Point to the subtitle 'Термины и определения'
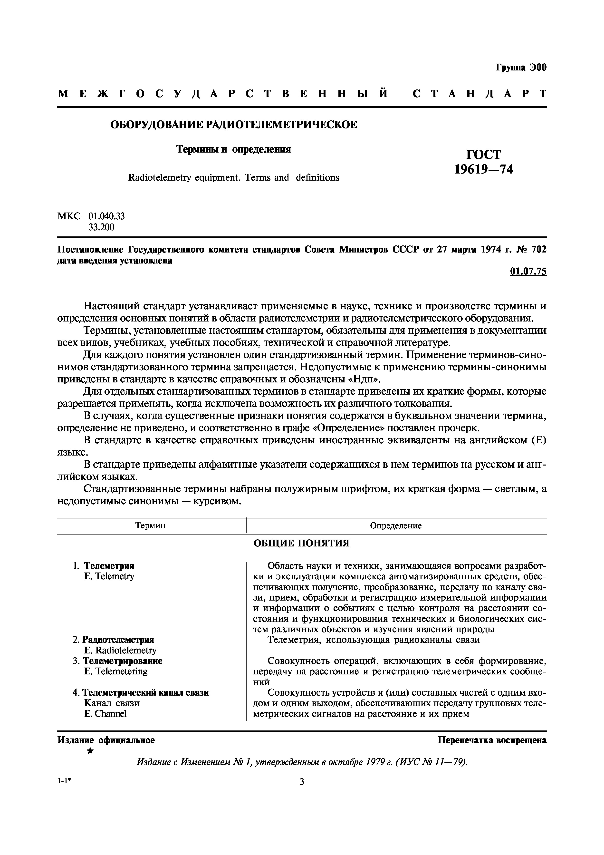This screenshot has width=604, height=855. point(233,149)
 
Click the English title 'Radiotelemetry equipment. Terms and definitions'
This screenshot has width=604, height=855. point(234,178)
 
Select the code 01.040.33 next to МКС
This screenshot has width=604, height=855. point(106,216)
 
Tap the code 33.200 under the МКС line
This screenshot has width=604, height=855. point(101,227)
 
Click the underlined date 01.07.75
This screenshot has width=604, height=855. point(528,272)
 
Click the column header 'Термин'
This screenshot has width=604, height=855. point(150,525)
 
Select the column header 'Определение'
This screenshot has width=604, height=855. point(396,525)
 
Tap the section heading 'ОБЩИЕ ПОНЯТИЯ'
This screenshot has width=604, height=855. point(301,543)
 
